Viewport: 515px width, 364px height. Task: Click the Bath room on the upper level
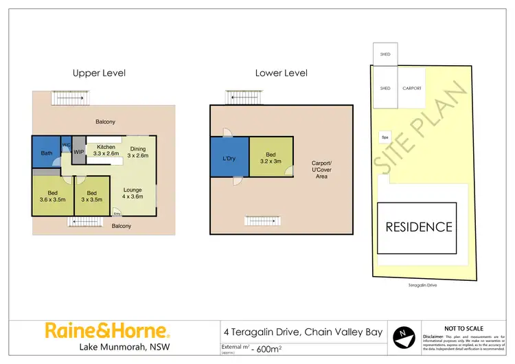(47, 152)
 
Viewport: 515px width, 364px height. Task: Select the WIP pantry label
(79, 152)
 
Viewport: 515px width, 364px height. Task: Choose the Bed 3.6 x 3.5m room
(51, 196)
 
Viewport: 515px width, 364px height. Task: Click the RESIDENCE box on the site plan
(417, 227)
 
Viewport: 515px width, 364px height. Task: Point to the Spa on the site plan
(385, 136)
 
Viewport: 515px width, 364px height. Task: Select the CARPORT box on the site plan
(411, 88)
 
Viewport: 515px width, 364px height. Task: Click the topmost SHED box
(385, 54)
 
